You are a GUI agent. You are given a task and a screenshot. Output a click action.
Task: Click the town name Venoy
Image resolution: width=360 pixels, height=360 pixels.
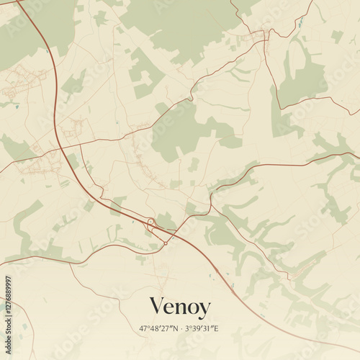pos(179,307)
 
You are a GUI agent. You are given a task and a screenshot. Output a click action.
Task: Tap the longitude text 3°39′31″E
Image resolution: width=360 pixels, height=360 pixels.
pos(202,328)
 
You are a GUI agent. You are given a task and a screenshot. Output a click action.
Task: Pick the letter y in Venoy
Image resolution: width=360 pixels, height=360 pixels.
pos(204,310)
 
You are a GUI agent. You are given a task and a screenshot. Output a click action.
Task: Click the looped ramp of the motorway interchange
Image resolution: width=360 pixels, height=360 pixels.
pos(151,221)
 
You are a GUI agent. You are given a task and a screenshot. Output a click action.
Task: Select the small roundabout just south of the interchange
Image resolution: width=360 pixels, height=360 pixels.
pos(166,243)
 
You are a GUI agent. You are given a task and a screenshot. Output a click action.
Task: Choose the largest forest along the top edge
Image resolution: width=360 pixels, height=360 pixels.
pos(180,25)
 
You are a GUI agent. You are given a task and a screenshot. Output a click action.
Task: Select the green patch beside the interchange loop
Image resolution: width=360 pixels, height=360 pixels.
pos(166,220)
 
